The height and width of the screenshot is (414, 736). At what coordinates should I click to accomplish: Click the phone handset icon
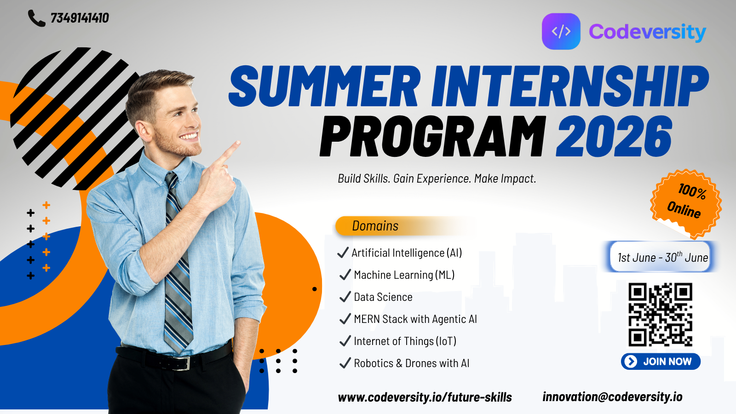click(x=36, y=18)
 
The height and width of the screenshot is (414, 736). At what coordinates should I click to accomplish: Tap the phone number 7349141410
click(x=80, y=18)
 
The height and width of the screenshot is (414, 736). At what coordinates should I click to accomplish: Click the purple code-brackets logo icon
click(x=561, y=31)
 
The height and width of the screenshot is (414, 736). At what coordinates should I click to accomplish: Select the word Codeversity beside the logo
click(x=647, y=32)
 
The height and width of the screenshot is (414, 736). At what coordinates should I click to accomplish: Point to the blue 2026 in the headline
click(x=614, y=136)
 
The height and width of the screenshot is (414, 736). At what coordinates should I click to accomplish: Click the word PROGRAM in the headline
click(x=433, y=136)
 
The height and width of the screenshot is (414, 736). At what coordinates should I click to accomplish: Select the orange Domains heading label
click(x=375, y=226)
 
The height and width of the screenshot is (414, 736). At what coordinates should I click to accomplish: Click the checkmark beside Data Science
click(x=345, y=297)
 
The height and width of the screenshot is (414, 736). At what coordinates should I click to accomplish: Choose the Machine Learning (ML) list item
click(x=404, y=275)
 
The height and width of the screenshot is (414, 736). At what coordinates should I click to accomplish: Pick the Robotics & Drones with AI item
click(x=411, y=363)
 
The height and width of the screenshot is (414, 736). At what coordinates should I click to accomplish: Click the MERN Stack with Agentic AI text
click(x=415, y=319)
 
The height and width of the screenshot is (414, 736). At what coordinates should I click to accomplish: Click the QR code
click(x=660, y=315)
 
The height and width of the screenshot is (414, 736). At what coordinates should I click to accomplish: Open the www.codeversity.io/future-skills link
click(x=425, y=397)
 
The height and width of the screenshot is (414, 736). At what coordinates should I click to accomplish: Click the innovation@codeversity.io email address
click(x=612, y=397)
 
